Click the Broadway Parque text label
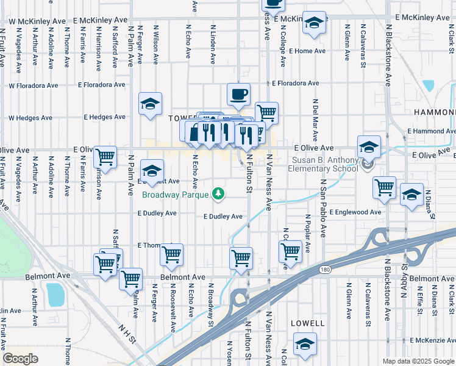[176, 195]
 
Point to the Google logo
[21, 358]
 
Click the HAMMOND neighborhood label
[435, 112]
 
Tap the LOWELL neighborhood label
[308, 321]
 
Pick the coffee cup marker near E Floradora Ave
[238, 94]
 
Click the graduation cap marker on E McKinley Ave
[314, 23]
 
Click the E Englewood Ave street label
[355, 212]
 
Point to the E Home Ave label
[309, 51]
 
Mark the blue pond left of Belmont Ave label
[55, 294]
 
